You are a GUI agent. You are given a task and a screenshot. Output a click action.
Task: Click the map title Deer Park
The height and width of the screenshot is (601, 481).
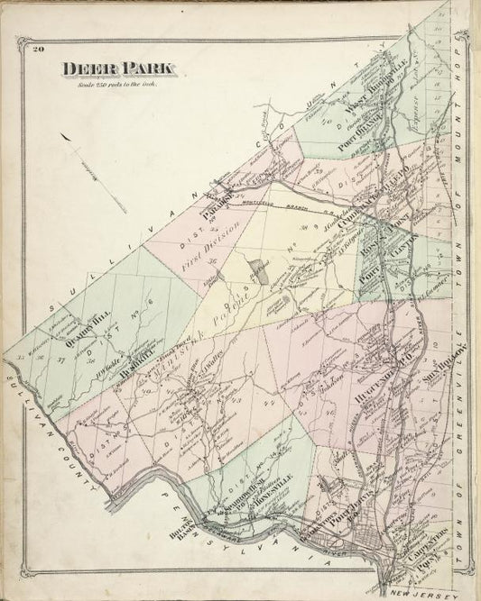tap(120, 68)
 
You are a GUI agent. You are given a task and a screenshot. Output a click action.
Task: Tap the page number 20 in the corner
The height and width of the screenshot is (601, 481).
tap(37, 49)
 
